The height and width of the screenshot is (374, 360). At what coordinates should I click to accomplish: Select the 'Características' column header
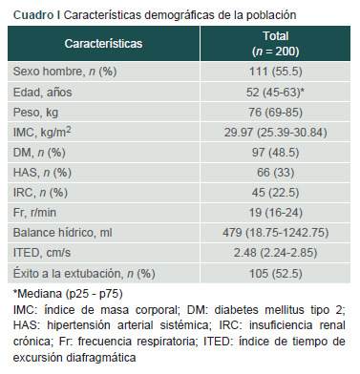point(103,44)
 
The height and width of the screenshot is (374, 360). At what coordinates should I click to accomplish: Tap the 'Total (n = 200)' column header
point(276,44)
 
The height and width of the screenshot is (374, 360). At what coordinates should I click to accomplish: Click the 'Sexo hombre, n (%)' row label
point(65,72)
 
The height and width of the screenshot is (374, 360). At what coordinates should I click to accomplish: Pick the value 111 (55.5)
point(276,72)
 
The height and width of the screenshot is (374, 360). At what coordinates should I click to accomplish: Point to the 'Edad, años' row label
point(43,93)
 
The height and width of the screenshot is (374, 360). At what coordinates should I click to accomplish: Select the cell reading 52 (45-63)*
point(276,93)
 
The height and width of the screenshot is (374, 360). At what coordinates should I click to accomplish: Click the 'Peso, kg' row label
point(35,113)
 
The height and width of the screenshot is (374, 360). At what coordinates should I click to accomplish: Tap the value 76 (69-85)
point(276,113)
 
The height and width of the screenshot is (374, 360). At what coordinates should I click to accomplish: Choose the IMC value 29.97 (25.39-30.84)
point(276,133)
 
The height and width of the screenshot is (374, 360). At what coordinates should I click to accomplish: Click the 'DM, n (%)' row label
point(39,153)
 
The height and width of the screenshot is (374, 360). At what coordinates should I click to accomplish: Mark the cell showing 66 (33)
point(276,173)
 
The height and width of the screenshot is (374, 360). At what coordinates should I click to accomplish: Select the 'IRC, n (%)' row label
point(40,193)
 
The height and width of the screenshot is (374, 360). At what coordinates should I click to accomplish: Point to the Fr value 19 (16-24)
point(276,213)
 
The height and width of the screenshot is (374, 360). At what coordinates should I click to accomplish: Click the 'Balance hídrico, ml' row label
point(63,233)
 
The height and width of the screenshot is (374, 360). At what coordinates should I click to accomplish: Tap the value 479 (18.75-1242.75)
point(276,233)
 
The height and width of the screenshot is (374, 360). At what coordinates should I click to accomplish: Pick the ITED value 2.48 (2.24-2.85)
point(276,253)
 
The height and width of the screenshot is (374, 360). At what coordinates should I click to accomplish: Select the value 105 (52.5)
point(276,274)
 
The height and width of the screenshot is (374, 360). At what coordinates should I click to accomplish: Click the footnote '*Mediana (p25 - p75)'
point(68,294)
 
